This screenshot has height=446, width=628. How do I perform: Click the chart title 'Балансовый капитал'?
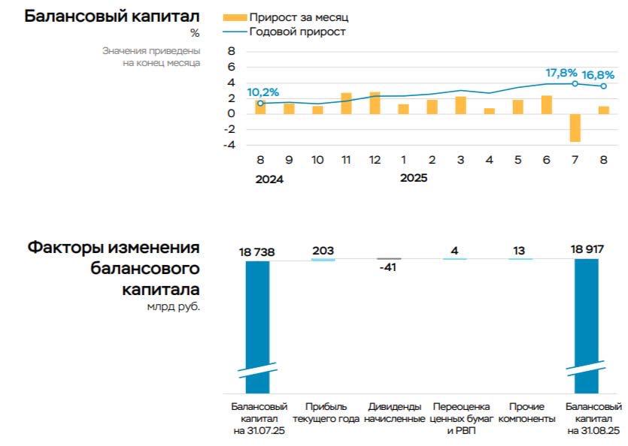point(112,16)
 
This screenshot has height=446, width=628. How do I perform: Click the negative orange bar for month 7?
point(575,128)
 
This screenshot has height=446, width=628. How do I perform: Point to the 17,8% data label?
point(561,73)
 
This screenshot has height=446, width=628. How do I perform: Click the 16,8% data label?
point(599,74)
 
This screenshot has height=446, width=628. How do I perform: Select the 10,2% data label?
point(263,92)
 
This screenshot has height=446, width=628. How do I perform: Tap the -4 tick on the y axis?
point(230,145)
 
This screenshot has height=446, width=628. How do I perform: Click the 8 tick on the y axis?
point(231,51)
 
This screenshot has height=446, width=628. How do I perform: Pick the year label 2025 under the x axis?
point(414,179)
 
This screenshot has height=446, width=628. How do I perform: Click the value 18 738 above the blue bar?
point(256,252)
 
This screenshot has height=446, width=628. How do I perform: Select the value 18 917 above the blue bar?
point(587,250)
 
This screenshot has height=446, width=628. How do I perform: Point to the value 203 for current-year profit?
point(323,250)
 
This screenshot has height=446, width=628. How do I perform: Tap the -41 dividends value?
point(389,267)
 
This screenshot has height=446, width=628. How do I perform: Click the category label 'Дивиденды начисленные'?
point(395,412)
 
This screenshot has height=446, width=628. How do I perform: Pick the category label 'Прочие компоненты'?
point(526,412)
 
